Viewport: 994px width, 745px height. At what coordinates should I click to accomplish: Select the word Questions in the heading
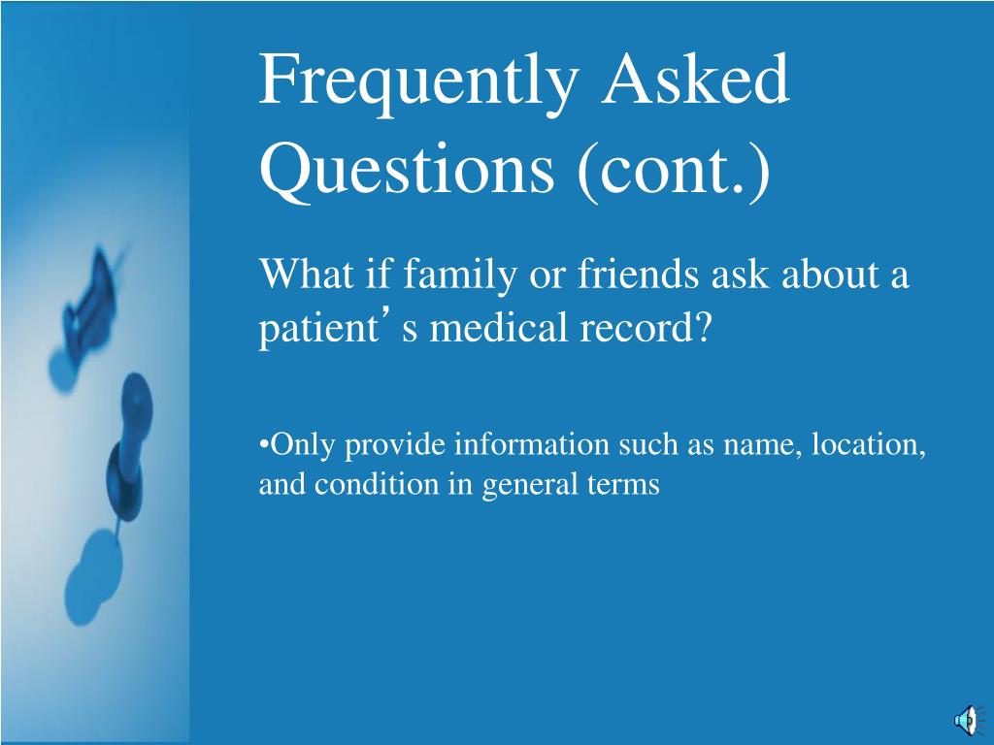[x=407, y=169]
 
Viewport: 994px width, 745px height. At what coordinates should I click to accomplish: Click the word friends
[x=638, y=274]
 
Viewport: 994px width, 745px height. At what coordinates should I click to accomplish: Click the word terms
[x=624, y=485]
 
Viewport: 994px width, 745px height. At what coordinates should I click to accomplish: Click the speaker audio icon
[x=968, y=721]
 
